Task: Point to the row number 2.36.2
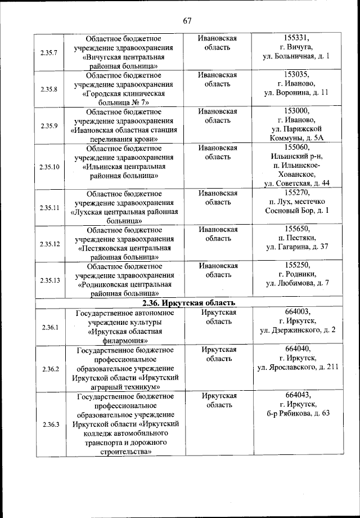pyautogui.click(x=49, y=369)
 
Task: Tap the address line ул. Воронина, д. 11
pyautogui.click(x=297, y=93)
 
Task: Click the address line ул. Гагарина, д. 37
pyautogui.click(x=297, y=247)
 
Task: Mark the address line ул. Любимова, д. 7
pyautogui.click(x=297, y=283)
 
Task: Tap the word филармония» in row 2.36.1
pyautogui.click(x=124, y=340)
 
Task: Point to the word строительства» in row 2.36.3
pyautogui.click(x=124, y=451)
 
